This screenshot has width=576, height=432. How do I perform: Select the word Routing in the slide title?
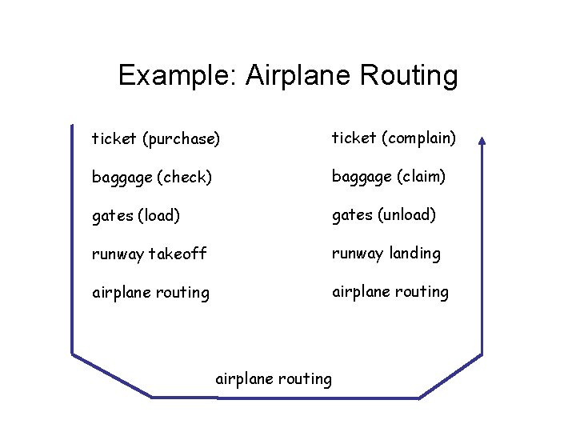(409, 75)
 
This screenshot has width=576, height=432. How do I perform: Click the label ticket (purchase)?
(155, 139)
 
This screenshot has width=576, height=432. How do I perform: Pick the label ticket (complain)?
(394, 138)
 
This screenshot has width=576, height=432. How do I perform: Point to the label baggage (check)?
(151, 178)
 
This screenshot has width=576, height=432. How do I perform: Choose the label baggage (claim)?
(389, 176)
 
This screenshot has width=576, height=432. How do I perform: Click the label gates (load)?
(136, 216)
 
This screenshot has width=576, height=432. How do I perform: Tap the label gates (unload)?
(384, 215)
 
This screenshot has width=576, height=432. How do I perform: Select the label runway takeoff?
(149, 254)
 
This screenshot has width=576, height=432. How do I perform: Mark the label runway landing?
(386, 254)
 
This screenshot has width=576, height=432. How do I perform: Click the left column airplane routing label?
(150, 293)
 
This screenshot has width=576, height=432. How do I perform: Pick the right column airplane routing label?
(390, 292)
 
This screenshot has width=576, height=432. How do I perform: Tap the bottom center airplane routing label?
(274, 379)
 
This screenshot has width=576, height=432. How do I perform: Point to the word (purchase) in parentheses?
(180, 139)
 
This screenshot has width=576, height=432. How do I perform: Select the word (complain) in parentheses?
(418, 138)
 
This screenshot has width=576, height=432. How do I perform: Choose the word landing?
(414, 254)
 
